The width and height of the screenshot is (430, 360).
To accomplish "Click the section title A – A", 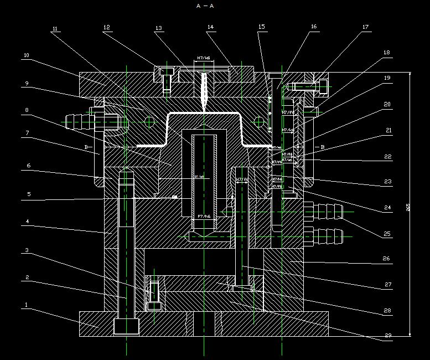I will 205,6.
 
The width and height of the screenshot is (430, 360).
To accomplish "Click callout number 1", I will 25,305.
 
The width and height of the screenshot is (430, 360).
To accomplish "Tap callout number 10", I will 26,55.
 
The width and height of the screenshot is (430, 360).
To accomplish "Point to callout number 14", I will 210,27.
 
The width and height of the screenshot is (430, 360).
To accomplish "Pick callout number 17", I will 365,27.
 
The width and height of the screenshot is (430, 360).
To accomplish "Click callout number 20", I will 387,104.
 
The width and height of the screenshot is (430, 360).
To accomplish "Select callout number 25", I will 387,234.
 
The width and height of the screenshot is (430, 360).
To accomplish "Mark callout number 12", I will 106,27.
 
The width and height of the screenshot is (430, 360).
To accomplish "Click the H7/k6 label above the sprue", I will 203,58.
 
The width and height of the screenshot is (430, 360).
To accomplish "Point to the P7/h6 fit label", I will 203,216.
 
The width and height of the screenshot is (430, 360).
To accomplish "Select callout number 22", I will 388,157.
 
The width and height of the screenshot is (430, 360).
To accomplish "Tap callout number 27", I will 387,285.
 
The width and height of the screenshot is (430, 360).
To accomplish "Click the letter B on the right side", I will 322,147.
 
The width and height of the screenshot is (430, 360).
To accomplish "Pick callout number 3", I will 25,251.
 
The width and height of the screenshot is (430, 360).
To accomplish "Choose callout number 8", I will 25,110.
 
